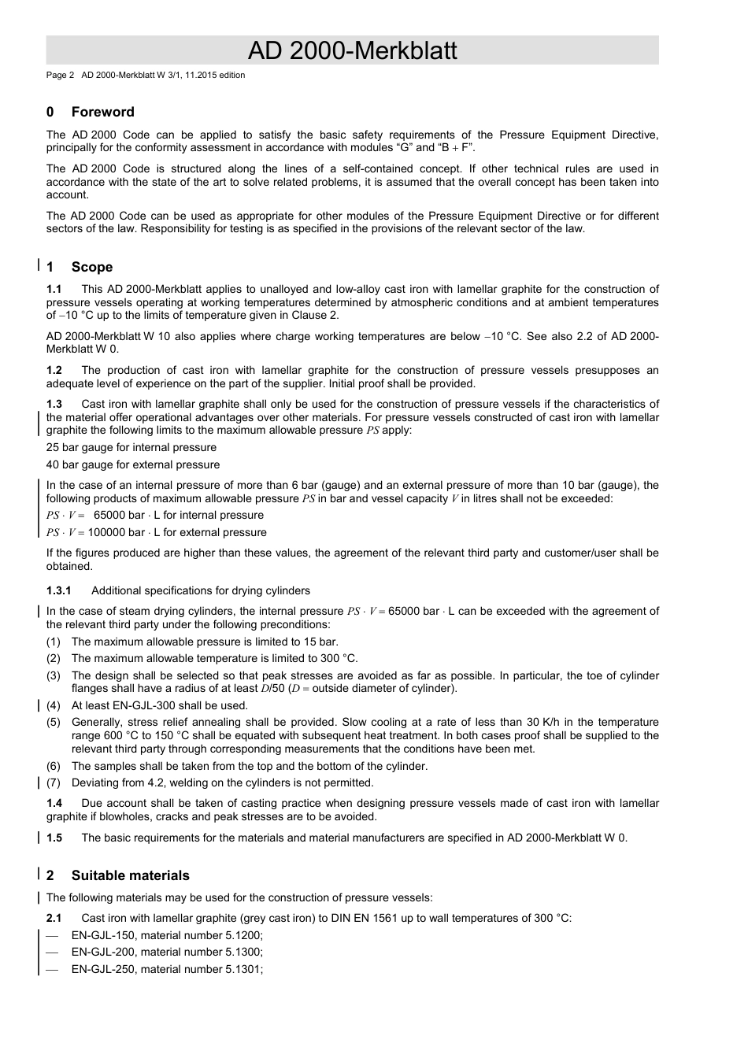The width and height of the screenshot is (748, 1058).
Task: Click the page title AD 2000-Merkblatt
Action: (x=352, y=50)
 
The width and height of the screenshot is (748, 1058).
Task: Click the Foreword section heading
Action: (x=102, y=112)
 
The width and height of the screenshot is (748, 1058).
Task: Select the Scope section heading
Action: (x=91, y=267)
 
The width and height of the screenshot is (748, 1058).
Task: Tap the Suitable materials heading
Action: (x=130, y=875)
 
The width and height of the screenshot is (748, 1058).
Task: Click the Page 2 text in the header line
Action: (x=60, y=76)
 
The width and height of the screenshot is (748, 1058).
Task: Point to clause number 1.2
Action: (x=54, y=371)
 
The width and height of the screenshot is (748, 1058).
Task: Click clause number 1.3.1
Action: (x=59, y=590)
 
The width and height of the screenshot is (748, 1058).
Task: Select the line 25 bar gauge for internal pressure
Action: (x=131, y=447)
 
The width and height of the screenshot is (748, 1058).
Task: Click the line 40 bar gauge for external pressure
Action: (x=133, y=464)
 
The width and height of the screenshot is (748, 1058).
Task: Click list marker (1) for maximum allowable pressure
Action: (x=54, y=642)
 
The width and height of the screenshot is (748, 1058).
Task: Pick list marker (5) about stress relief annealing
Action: (x=54, y=722)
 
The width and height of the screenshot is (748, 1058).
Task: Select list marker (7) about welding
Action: (x=54, y=782)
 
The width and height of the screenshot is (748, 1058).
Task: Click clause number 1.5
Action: (x=54, y=838)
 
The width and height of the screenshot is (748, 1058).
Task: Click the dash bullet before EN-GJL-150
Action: (x=53, y=935)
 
